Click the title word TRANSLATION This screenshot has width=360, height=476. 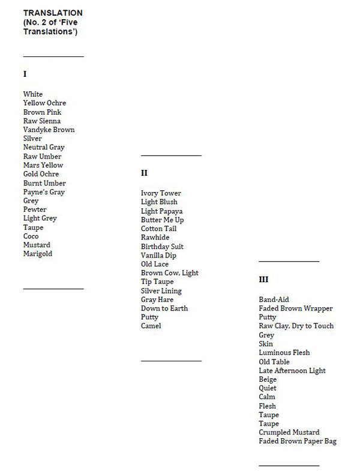pos(53,13)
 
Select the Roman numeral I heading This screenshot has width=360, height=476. pos(25,74)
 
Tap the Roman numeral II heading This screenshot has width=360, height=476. pos(144,173)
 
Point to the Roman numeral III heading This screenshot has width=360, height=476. pos(263,279)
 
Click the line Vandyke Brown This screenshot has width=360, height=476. pos(49,130)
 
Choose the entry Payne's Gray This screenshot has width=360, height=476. pos(44,192)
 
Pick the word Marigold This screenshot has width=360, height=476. pos(38,254)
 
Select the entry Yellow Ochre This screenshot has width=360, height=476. pos(44,103)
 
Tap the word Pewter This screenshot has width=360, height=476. pos(35,209)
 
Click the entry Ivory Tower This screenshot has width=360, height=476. pos(161,193)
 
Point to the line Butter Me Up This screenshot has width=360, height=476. pos(163,220)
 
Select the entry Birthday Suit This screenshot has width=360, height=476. pos(162,247)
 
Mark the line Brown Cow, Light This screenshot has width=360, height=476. pos(170,273)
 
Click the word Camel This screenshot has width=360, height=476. pos(151,326)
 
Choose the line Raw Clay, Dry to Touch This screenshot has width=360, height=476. pos(296,326)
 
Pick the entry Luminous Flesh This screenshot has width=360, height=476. pos(284,353)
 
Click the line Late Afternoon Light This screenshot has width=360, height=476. pos(292,370)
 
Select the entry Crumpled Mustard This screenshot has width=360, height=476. pos(289,432)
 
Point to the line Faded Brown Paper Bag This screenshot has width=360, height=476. pos(298,441)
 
